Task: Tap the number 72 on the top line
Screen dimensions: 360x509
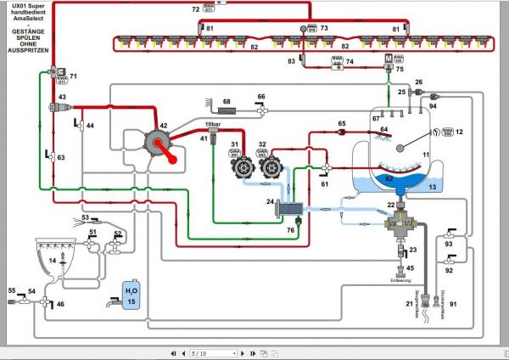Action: [x=195, y=8]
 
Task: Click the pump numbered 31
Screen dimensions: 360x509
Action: [x=236, y=167]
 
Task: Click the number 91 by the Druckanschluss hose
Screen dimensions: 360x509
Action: [x=453, y=304]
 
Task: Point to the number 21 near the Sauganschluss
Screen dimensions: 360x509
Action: [x=410, y=304]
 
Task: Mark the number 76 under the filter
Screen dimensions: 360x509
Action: [x=291, y=229]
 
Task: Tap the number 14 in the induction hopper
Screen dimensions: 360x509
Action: [x=52, y=261]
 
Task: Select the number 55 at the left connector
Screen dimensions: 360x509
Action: [x=13, y=291]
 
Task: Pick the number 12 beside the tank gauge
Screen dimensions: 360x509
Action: [x=460, y=132]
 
